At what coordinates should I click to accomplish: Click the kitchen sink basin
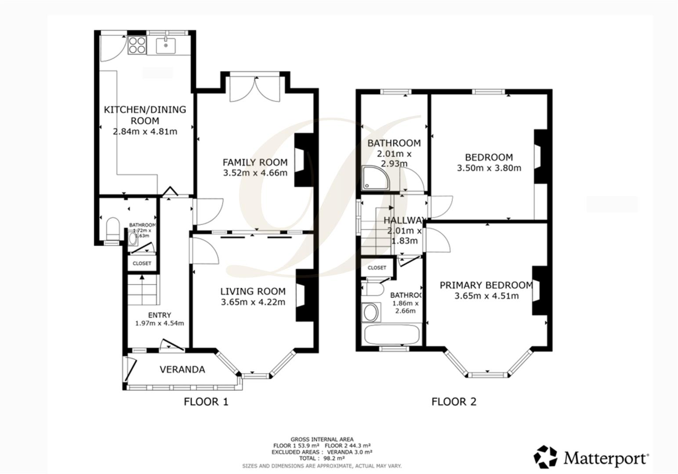pyautogui.click(x=166, y=44)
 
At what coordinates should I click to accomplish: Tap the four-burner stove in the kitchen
pyautogui.click(x=137, y=45)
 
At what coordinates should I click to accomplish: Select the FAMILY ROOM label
pyautogui.click(x=255, y=162)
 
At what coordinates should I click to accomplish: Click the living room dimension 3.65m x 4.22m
pyautogui.click(x=253, y=302)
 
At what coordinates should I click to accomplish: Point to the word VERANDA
pyautogui.click(x=182, y=370)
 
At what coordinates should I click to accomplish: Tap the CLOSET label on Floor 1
pyautogui.click(x=141, y=263)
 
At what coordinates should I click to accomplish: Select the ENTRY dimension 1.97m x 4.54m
pyautogui.click(x=159, y=323)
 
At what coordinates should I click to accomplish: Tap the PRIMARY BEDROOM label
pyautogui.click(x=486, y=285)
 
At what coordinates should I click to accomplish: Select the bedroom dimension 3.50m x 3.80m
pyautogui.click(x=489, y=168)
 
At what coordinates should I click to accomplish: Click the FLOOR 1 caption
pyautogui.click(x=206, y=402)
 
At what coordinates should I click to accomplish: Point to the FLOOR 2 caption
pyautogui.click(x=453, y=402)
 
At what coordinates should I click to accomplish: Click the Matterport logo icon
pyautogui.click(x=545, y=457)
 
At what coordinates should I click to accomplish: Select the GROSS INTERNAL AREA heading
pyautogui.click(x=322, y=439)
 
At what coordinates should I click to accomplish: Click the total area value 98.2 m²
pyautogui.click(x=334, y=458)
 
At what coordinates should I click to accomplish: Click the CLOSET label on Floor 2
pyautogui.click(x=377, y=268)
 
